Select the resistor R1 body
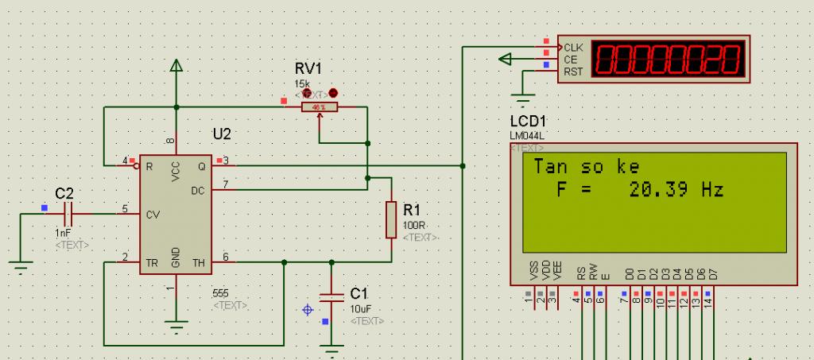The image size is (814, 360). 391,219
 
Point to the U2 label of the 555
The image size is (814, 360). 222,133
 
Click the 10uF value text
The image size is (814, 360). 360,308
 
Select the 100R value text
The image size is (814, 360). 414,225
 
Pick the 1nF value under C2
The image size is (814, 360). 63,234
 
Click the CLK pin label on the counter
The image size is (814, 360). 573,48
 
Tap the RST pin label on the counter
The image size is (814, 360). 573,72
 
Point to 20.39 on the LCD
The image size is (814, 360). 657,190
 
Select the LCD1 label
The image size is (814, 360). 528,122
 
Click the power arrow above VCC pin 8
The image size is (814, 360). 176,68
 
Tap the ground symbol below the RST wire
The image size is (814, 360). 522,99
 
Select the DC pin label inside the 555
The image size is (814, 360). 198,191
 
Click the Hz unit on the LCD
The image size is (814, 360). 712,190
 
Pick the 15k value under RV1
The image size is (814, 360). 302,83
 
